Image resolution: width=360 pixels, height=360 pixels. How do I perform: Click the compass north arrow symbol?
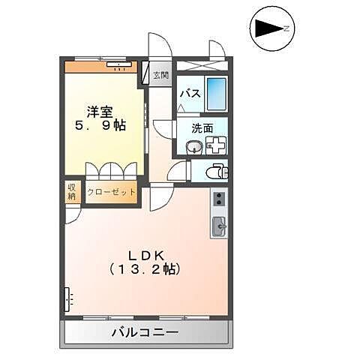pyautogui.click(x=271, y=29)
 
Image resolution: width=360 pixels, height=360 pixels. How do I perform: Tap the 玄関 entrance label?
pyautogui.click(x=160, y=75)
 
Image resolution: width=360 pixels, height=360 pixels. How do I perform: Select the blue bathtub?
pyautogui.click(x=217, y=94)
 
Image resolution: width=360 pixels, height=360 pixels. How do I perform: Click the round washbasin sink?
pyautogui.click(x=193, y=145)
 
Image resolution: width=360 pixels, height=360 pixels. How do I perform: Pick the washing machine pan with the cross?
pyautogui.click(x=216, y=145)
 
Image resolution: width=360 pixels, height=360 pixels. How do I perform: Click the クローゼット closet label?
pyautogui.click(x=112, y=192)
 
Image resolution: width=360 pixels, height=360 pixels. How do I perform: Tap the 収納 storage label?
pyautogui.click(x=73, y=192)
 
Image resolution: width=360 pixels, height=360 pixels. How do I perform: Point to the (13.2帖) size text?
pyautogui.click(x=143, y=268)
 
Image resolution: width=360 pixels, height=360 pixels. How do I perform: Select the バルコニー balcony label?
pyautogui.click(x=145, y=331)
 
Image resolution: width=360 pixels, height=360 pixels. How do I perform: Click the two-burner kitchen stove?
pyautogui.click(x=220, y=199)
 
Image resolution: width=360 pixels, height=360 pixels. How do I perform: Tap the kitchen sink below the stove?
pyautogui.click(x=220, y=225)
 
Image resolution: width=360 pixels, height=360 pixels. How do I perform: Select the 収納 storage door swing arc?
pyautogui.click(x=72, y=214)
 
